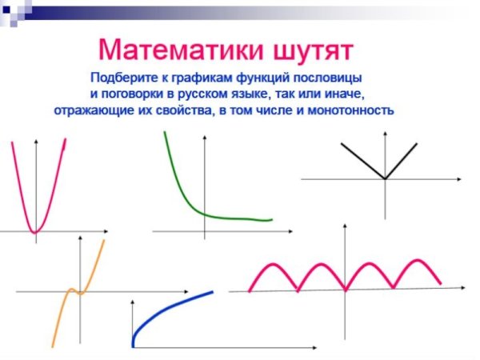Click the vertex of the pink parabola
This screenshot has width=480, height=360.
click(x=35, y=233)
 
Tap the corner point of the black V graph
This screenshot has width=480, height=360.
click(x=386, y=178)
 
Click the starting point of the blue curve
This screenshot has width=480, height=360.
click(x=133, y=345)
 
